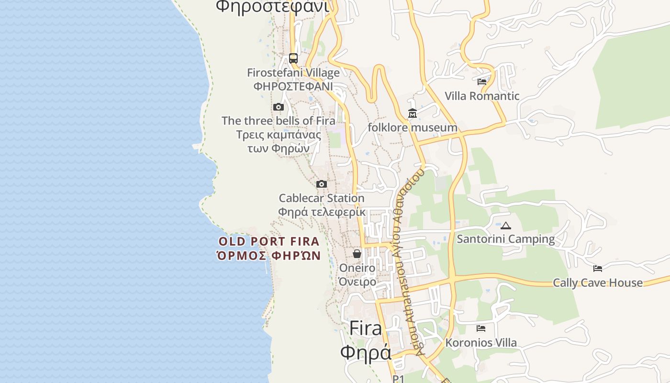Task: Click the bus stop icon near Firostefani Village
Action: [x=293, y=58]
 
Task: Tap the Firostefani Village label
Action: [x=293, y=73]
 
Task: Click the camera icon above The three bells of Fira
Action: [x=279, y=107]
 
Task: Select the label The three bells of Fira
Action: [x=279, y=121]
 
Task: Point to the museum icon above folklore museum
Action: [x=413, y=113]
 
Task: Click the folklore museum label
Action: [x=413, y=127]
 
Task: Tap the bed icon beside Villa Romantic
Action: [x=482, y=82]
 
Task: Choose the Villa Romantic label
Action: [x=482, y=96]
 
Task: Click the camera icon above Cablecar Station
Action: [x=322, y=184]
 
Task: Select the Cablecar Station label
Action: [x=322, y=198]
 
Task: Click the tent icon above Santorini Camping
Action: [x=506, y=225]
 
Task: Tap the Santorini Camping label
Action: [x=506, y=239]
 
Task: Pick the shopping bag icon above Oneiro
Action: [x=357, y=254]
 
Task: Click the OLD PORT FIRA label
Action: [x=269, y=242]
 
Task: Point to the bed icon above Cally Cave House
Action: [x=598, y=269]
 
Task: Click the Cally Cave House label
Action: [x=598, y=282]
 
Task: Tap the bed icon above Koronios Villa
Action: [x=481, y=328]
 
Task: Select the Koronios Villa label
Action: [x=481, y=343]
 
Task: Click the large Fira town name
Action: [x=366, y=328]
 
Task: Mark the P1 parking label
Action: [x=399, y=379]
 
